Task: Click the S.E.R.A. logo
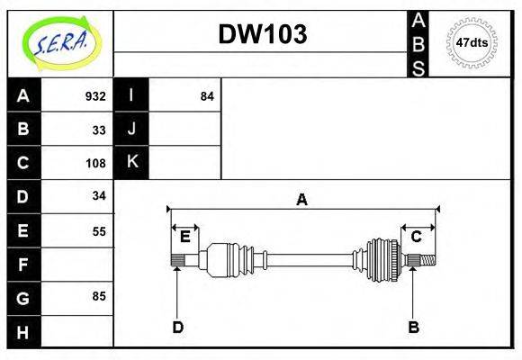tap(60, 41)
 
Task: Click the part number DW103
tap(263, 34)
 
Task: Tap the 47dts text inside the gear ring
tap(472, 42)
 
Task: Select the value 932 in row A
tap(95, 96)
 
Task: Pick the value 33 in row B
tap(99, 130)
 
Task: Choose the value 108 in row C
tap(95, 163)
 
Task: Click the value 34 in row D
tap(99, 195)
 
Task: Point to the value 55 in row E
tap(99, 230)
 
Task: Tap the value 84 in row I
tap(207, 96)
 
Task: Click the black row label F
tap(23, 265)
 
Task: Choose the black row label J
tap(132, 129)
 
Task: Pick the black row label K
tap(132, 162)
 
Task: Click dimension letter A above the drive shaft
tap(302, 200)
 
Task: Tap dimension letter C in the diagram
tap(417, 237)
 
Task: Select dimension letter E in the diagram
tap(184, 237)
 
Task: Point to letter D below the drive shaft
tap(177, 328)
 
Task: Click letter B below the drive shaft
tap(413, 328)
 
